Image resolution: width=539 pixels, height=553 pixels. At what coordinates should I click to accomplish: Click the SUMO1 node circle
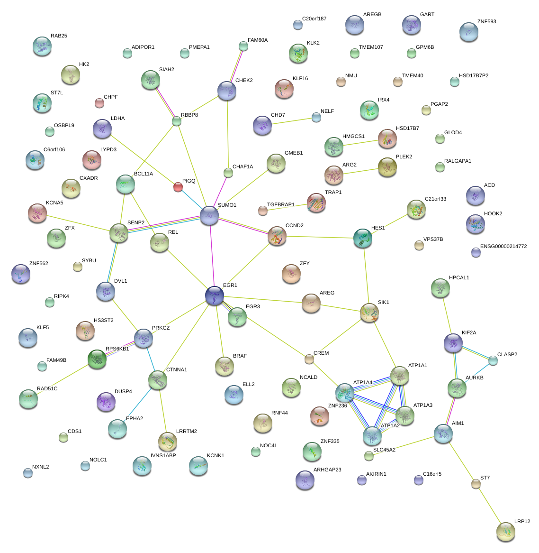point(209,216)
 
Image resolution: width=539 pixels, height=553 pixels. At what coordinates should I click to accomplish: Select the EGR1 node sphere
point(215,295)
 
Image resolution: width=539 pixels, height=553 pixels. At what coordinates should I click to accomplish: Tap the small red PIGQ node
point(178,187)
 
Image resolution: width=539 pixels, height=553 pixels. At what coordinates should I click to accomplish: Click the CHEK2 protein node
point(227,91)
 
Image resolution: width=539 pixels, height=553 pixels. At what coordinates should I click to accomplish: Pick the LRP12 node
point(506,532)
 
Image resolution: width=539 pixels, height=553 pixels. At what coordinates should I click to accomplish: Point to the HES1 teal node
point(363,238)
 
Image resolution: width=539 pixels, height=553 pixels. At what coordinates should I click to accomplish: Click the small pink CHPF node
point(99,102)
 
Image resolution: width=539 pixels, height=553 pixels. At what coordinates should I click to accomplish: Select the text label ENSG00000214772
point(503,247)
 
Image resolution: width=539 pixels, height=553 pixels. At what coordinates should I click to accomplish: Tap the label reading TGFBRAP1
point(280,205)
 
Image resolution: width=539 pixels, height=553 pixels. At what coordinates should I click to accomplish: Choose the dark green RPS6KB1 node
point(97,359)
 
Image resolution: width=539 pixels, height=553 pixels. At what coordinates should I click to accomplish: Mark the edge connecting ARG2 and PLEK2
point(361,171)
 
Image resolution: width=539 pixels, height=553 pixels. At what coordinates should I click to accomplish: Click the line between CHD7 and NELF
point(290,121)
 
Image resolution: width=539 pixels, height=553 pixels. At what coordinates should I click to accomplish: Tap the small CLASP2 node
point(493,360)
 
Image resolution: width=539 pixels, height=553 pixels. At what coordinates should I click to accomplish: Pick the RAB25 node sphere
point(42,46)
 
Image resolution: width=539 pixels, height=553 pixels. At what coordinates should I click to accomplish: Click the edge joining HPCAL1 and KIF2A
point(447,315)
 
